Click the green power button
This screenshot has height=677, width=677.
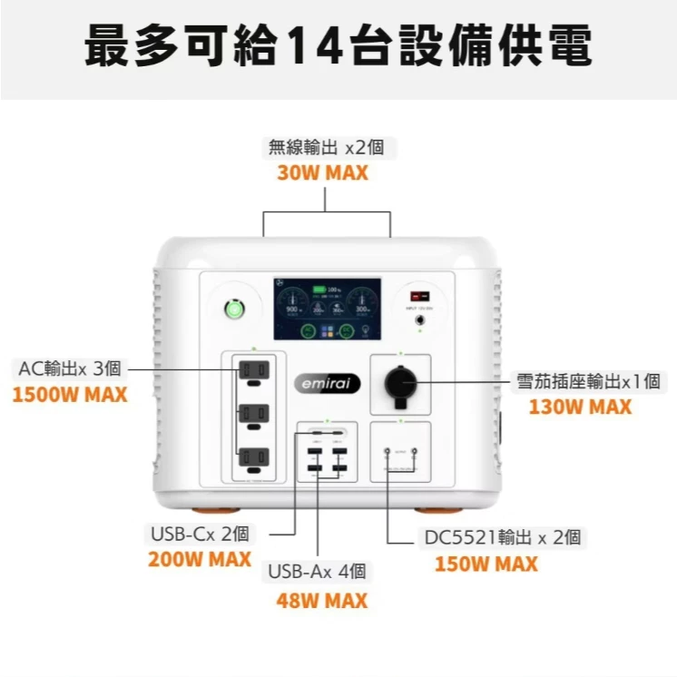pos(235,309)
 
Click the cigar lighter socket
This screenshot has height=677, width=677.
pos(400,384)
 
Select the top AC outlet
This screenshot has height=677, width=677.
pos(254,370)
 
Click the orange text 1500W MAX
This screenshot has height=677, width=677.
pos(70,396)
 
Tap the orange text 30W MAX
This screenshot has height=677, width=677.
pos(322,173)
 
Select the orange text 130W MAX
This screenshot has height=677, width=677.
pos(580,407)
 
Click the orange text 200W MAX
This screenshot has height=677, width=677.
pos(200,559)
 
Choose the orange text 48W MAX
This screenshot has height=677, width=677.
pos(322,601)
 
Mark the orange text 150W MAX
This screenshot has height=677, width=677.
pos(486,564)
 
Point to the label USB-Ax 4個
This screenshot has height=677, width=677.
pos(317,572)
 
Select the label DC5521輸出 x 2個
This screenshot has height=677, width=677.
pos(502,537)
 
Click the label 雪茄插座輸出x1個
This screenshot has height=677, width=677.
pos(588,382)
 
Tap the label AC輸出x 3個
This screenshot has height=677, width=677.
pos(70,368)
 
